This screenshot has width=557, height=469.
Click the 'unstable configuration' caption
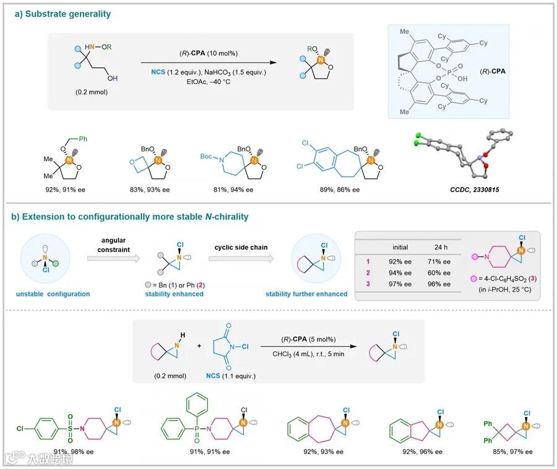[x=51, y=294]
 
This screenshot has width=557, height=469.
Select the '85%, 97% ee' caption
[x=509, y=451]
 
